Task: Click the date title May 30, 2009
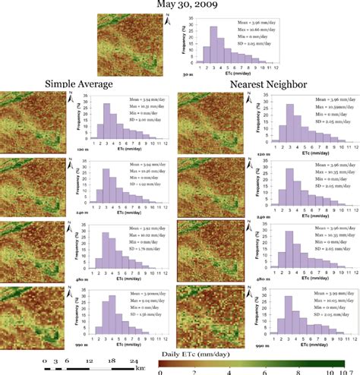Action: click(x=180, y=5)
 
